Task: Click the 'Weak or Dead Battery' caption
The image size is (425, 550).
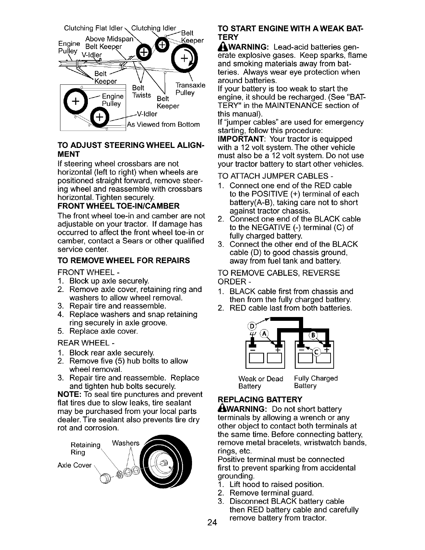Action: click(261, 382)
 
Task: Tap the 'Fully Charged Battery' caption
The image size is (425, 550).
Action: click(315, 382)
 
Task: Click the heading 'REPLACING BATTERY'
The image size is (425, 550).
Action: click(260, 399)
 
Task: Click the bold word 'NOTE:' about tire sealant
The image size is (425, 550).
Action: click(69, 394)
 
